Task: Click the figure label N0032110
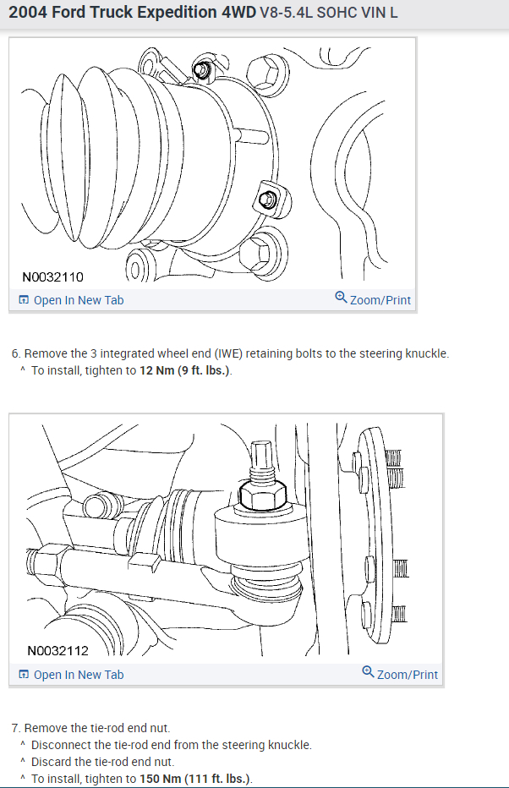click(x=52, y=276)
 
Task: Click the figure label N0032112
click(x=57, y=651)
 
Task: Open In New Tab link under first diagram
click(x=79, y=300)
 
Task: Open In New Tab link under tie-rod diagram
click(x=79, y=675)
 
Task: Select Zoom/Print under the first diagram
click(x=380, y=300)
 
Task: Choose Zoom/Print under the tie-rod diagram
click(x=407, y=675)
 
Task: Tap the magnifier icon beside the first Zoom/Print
click(x=341, y=298)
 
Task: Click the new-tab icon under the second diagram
click(x=24, y=675)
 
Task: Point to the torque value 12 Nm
click(x=156, y=370)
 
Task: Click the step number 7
click(x=16, y=728)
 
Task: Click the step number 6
click(x=16, y=353)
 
